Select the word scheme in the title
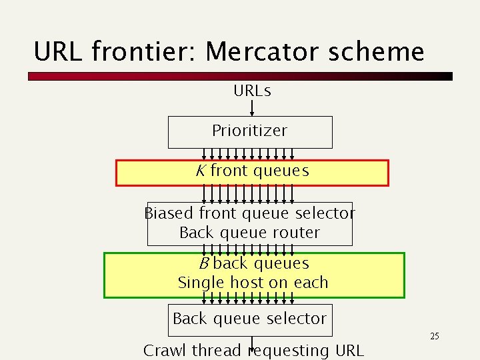coord(381,51)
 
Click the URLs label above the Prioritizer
coord(252,91)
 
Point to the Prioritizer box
coord(249,131)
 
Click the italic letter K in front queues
coord(200,171)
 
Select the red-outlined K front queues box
coord(252,173)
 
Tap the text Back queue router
coord(249,233)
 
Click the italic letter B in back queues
coord(204,263)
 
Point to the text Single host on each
coord(253,282)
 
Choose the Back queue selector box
coord(249,319)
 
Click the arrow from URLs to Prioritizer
coord(252,107)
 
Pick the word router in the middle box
coord(297,233)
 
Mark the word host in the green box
coord(247,282)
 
